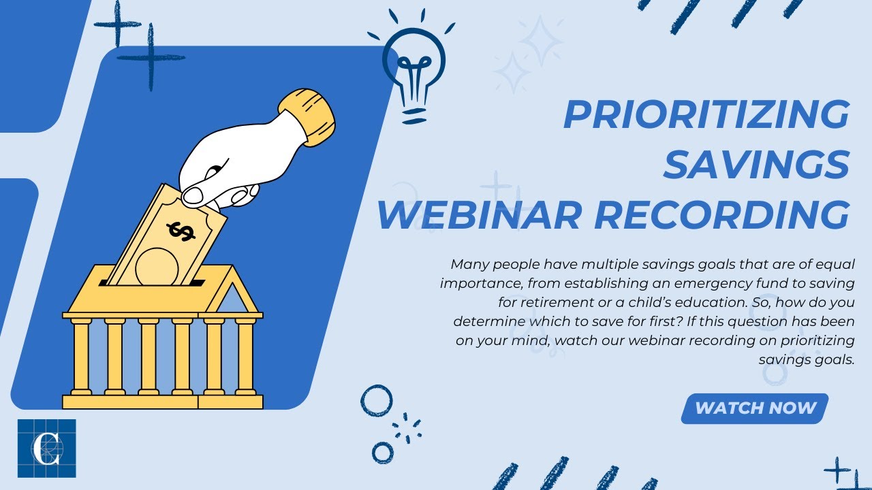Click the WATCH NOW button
755,408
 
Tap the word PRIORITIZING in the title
706,114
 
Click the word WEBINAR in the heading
480,214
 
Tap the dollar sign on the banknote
181,231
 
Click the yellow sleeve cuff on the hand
307,116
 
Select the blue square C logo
46,448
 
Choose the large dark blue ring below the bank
377,401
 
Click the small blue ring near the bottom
383,453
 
